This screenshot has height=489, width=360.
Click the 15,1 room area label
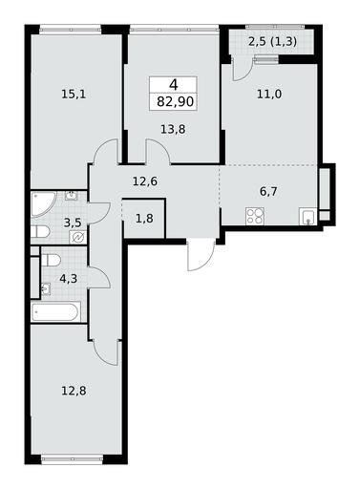tap(74, 95)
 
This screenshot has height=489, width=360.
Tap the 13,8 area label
tap(173, 130)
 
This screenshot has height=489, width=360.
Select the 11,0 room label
tap(269, 95)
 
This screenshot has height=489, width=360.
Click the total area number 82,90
tap(175, 102)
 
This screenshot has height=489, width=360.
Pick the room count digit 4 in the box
tap(174, 85)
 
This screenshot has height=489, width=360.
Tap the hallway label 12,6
tap(145, 181)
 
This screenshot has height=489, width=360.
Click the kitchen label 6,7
tap(269, 192)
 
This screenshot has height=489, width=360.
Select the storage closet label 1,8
tap(145, 219)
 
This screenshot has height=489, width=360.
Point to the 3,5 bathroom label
tap(73, 223)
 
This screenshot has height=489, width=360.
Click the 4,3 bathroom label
tap(69, 279)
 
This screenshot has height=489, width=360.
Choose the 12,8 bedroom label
tap(74, 391)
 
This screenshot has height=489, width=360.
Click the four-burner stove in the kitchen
tap(255, 216)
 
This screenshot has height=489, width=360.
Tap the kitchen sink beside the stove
tap(307, 216)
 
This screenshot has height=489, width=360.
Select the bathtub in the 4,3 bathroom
tap(56, 311)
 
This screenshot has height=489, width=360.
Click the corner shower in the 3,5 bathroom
tap(43, 204)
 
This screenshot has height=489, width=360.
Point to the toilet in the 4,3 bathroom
tap(51, 259)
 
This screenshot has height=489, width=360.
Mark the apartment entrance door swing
tap(200, 255)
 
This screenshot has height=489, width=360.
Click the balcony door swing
tap(242, 69)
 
